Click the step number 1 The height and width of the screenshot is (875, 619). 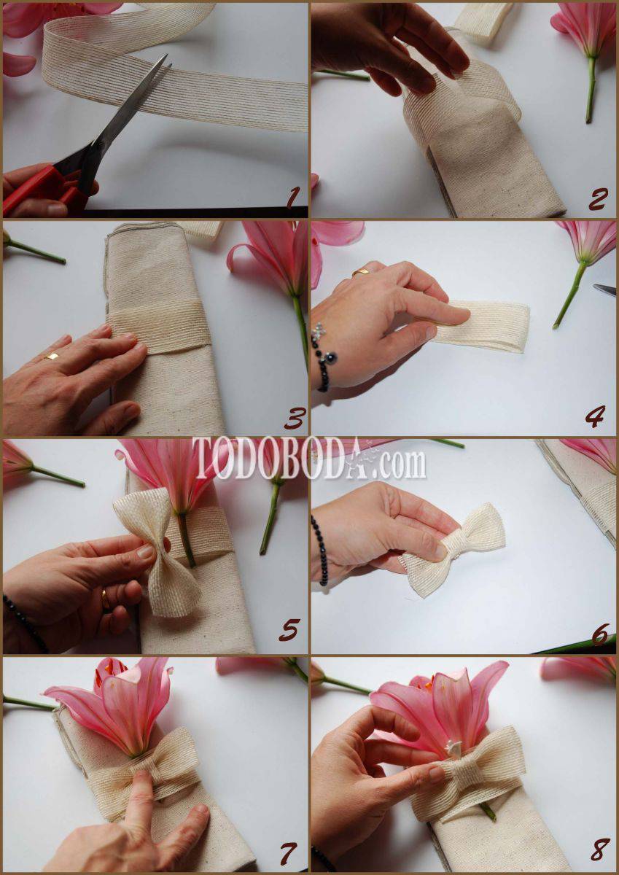point(293,198)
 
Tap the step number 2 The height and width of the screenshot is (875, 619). point(599,199)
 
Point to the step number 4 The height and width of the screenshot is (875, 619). point(596,416)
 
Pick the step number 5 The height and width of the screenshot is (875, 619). point(289,630)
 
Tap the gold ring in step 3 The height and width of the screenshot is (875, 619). point(52,356)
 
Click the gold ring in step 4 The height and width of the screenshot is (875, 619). point(361,272)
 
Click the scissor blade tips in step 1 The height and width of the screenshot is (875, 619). point(167,63)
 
